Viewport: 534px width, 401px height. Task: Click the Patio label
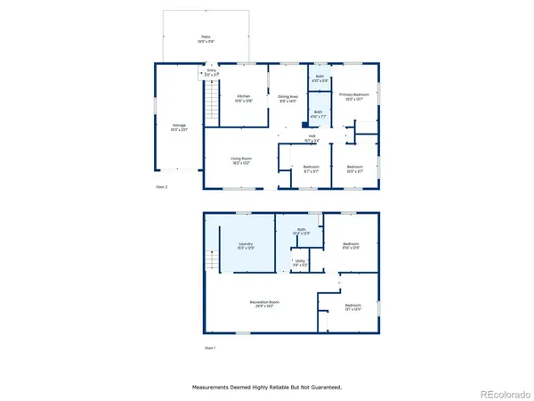coord(205,37)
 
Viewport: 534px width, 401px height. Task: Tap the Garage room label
coord(179,127)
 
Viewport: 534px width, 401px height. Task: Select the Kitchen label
coord(243,97)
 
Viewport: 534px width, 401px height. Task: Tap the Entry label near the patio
coord(212,71)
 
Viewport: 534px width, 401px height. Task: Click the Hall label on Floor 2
coord(312,137)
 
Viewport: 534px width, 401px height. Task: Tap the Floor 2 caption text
coord(161,187)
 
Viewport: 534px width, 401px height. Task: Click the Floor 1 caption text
coord(210,347)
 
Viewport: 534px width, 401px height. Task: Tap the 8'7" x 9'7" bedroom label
coord(311,168)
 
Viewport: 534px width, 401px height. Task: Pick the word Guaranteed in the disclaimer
coord(323,388)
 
